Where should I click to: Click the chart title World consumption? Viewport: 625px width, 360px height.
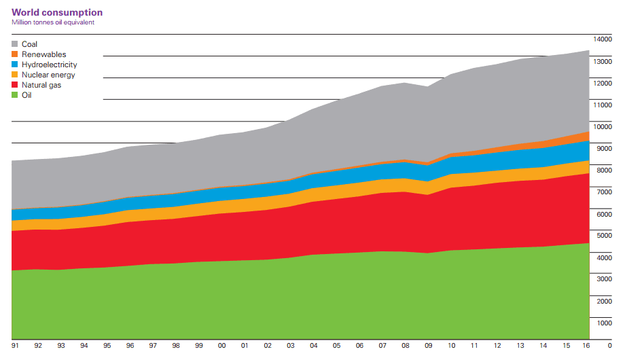pos(57,12)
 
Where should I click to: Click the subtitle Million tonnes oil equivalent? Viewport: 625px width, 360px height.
pos(53,22)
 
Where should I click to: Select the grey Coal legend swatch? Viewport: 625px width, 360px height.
pos(15,44)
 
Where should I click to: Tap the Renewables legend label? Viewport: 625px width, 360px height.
pos(43,54)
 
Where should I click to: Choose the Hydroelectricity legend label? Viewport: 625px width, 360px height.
pos(49,65)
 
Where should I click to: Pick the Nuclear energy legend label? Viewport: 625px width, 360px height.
pos(48,75)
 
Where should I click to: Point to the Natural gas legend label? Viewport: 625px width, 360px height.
pos(41,85)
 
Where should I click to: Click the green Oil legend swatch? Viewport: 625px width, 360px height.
pos(15,95)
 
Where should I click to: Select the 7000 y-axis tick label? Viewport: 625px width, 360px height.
pos(605,192)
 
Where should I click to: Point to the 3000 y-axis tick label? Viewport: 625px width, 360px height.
pos(605,279)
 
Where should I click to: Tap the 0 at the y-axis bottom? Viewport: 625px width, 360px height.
pos(609,345)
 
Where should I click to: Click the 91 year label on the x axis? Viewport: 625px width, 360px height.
pos(15,346)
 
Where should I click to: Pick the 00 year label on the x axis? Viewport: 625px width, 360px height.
pos(222,346)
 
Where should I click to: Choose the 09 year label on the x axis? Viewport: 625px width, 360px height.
pos(428,346)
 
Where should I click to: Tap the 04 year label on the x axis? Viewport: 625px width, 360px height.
pos(314,346)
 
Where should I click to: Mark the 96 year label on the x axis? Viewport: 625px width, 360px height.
pos(130,346)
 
